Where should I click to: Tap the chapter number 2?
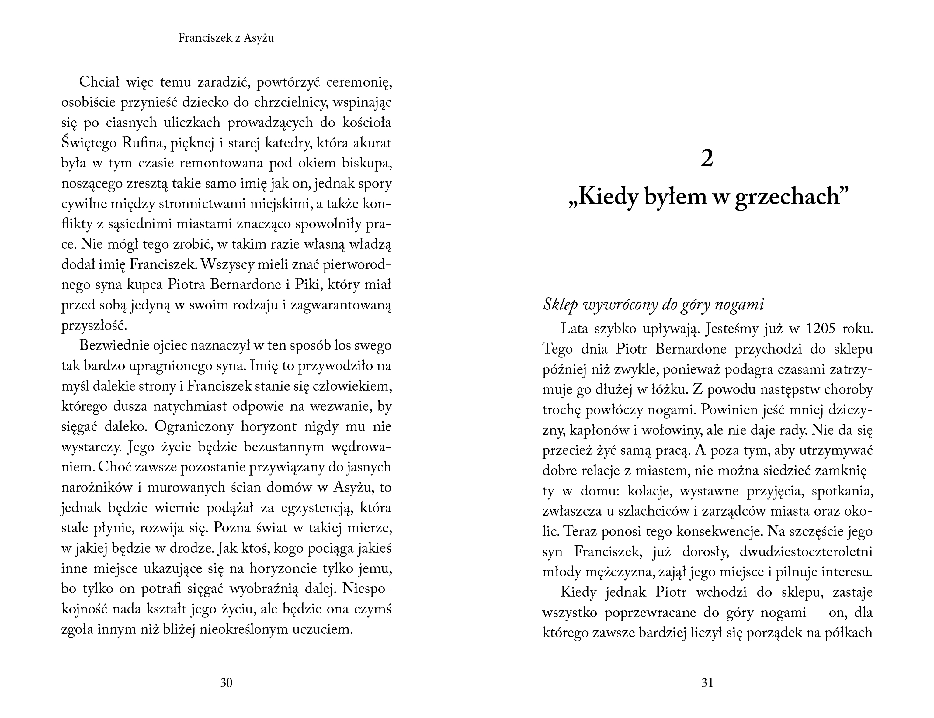point(707,159)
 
